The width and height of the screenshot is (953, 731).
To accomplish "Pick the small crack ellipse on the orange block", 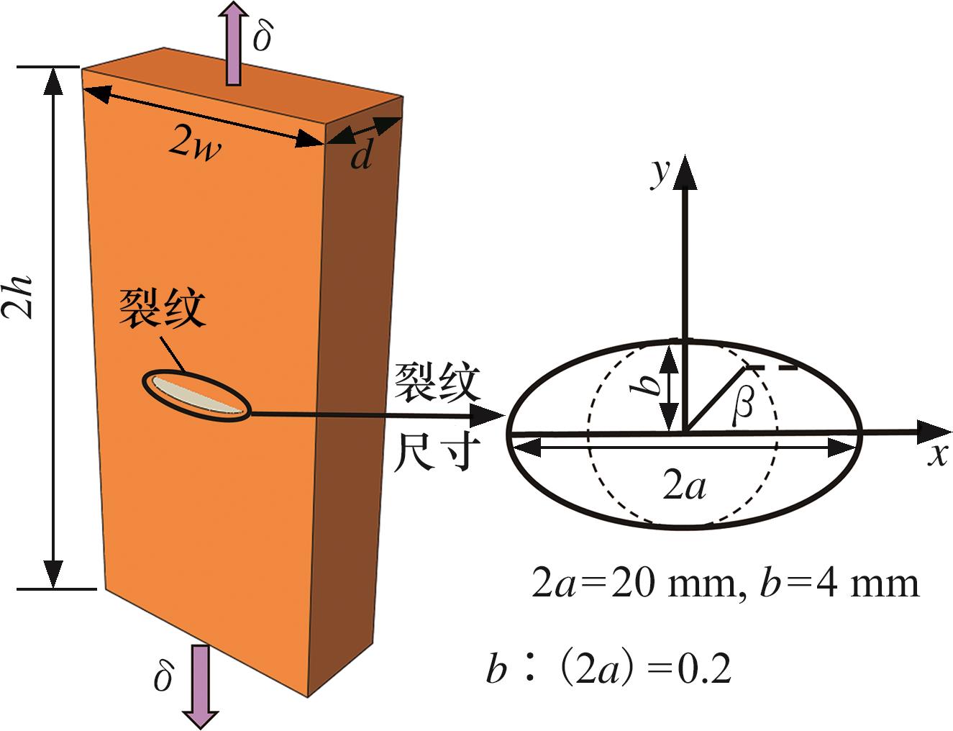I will [199, 395].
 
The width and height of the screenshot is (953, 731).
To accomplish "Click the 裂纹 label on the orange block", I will [163, 310].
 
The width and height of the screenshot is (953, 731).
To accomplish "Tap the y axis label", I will [657, 173].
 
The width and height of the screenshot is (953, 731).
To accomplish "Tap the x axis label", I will [936, 455].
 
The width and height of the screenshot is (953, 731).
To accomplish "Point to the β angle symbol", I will [743, 407].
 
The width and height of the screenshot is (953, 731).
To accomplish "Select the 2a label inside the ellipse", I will [684, 488].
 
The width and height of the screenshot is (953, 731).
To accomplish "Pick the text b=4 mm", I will [839, 584].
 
